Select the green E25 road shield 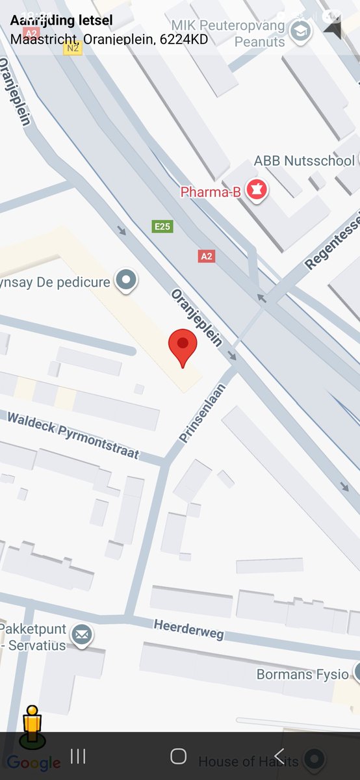coord(162,226)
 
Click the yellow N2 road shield coord(73,48)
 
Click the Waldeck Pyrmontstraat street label coord(73,434)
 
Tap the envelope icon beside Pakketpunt coord(82,634)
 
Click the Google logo coord(34,763)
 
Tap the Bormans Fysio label coord(302,674)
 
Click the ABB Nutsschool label coord(303,161)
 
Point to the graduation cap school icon coord(300,31)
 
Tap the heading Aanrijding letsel coord(61,21)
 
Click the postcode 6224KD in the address coord(186,39)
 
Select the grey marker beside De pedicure coord(126,281)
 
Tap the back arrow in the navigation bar coord(279,756)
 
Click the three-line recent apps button coord(78,756)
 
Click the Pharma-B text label coord(211,192)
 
